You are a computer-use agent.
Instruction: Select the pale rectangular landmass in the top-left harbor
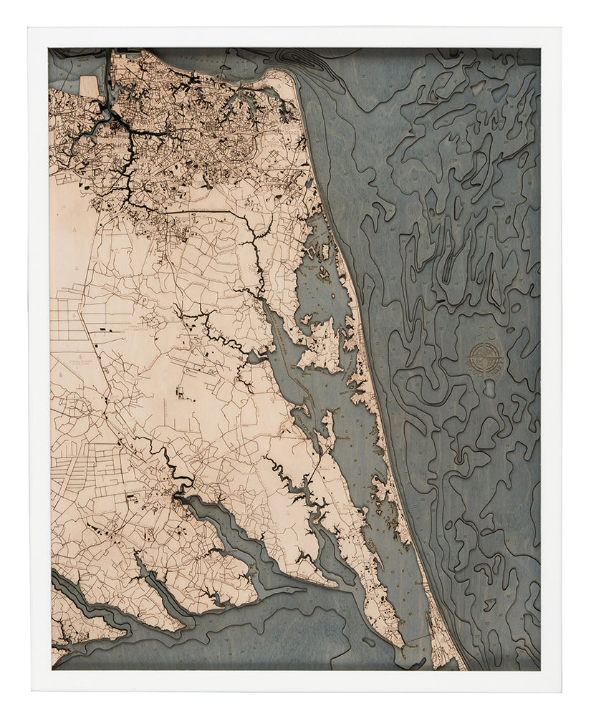89,87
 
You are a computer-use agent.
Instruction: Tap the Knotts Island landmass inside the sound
322,344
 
